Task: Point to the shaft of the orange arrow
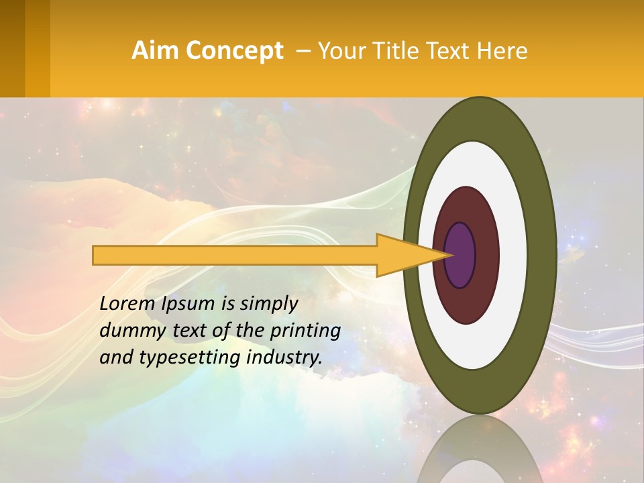(x=235, y=256)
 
